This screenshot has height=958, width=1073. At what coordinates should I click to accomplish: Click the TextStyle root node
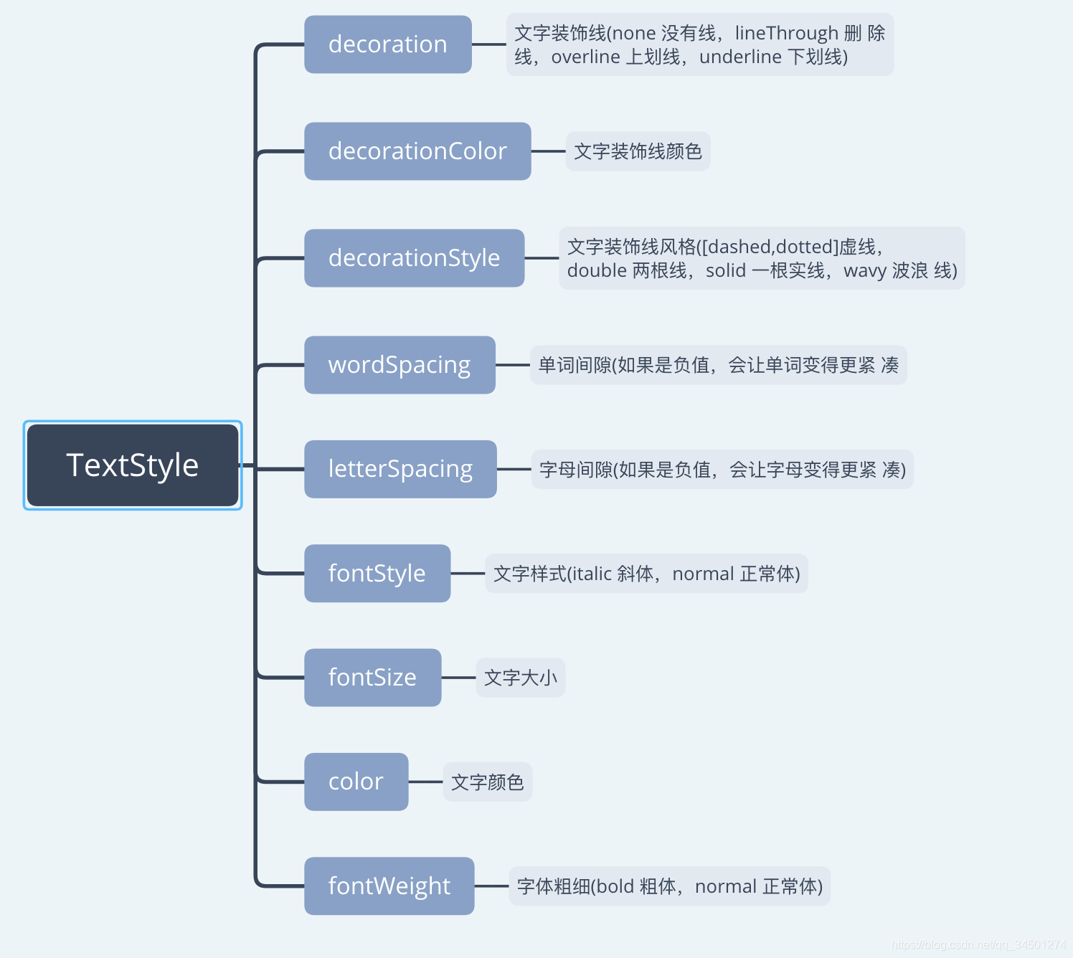coord(133,465)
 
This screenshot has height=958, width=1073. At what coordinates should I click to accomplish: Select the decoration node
coord(387,44)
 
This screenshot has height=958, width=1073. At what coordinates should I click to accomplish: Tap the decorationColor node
coord(417,151)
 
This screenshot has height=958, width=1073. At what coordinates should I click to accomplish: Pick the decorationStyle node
coord(414,258)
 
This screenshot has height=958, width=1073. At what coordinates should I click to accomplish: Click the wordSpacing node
coord(400,365)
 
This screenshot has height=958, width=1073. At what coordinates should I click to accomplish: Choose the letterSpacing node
coord(400,469)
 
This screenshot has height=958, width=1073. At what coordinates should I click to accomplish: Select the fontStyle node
coord(377,574)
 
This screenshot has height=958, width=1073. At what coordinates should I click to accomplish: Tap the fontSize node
coord(372,678)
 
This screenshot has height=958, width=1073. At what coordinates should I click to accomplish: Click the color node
coord(356,782)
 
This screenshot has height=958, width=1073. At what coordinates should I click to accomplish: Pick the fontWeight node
coord(389,886)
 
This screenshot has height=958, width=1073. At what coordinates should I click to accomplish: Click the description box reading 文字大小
coord(521,678)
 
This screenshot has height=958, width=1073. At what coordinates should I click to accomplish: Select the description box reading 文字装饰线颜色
coord(638,151)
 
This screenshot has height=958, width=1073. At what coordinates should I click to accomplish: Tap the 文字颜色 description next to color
coord(487,782)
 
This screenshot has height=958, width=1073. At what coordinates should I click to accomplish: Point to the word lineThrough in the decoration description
coord(787,33)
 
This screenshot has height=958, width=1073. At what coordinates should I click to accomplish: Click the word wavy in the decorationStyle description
coord(865,271)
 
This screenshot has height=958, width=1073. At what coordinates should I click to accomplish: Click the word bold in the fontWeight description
coord(615,887)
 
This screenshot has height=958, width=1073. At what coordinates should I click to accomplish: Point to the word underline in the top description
coord(740,57)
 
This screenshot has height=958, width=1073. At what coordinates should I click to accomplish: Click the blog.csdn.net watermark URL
coord(978,945)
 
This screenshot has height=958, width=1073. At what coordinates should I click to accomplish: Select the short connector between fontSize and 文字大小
coord(458,678)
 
